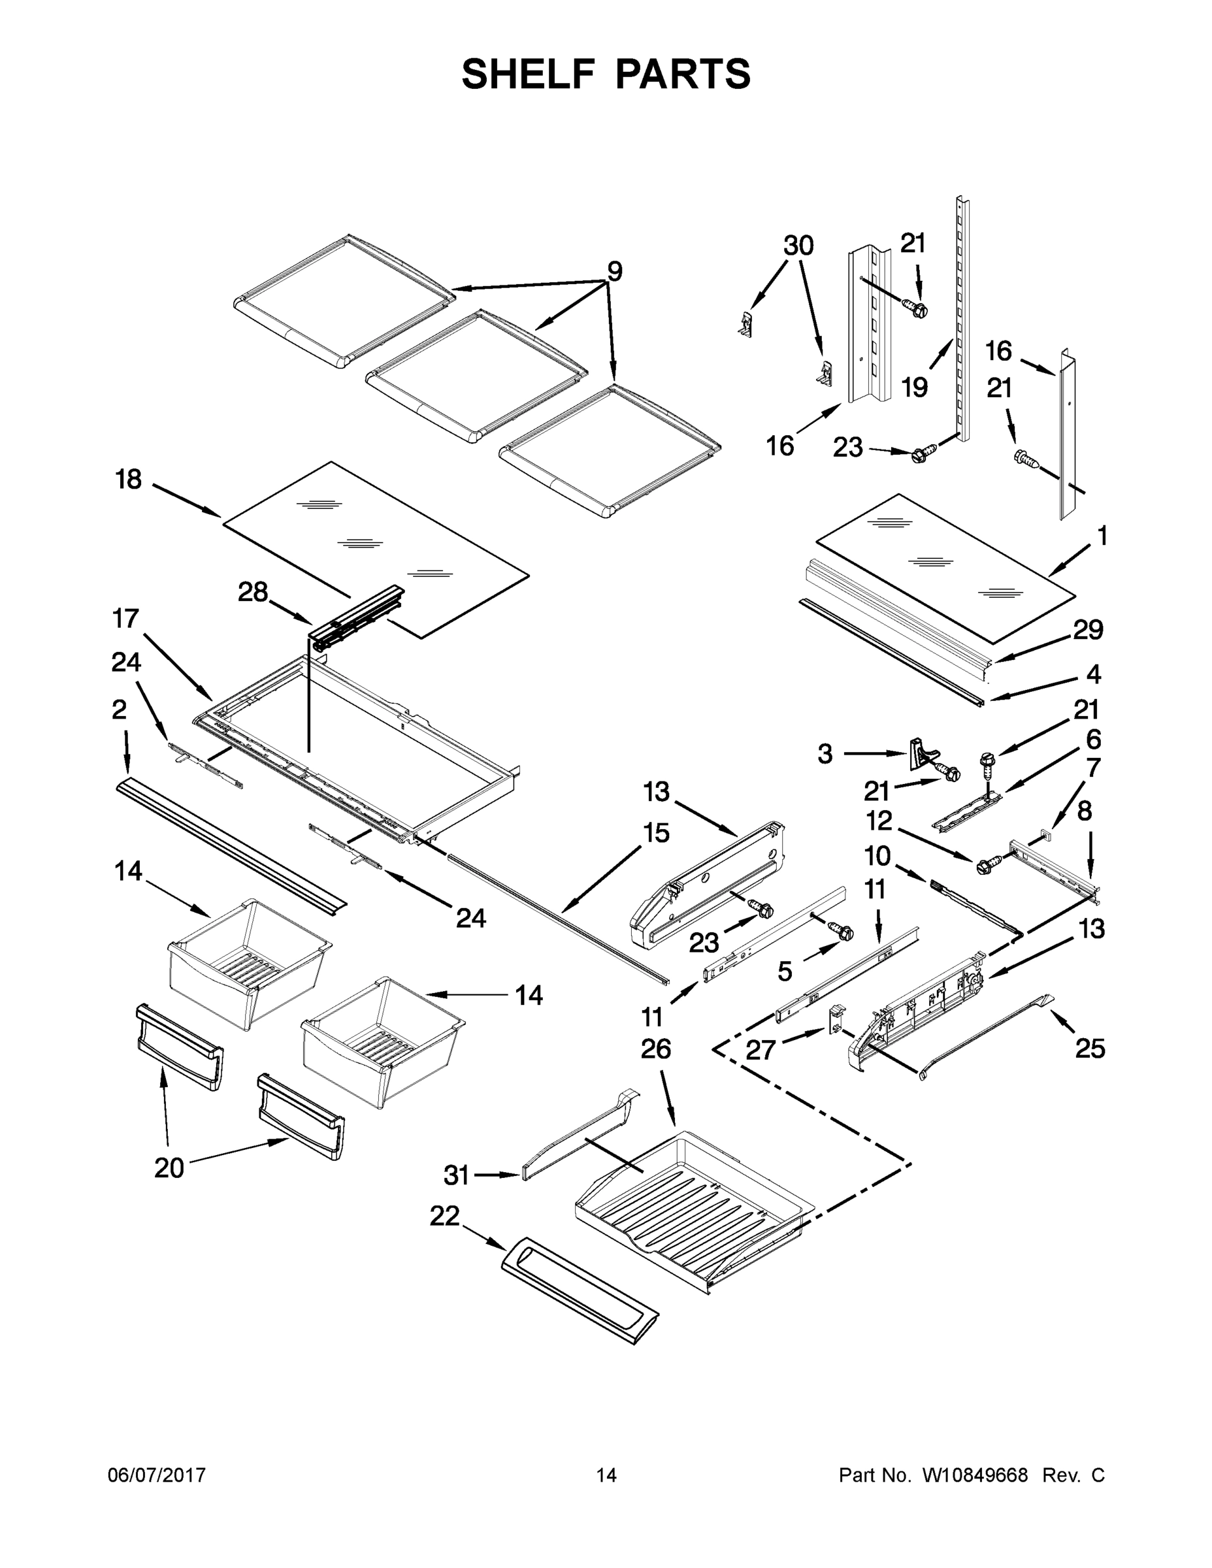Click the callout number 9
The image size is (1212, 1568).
coord(615,271)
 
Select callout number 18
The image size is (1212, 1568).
coord(129,480)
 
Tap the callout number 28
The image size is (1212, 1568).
coord(253,593)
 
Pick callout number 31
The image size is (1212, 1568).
coord(457,1175)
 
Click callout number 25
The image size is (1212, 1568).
coord(1090,1049)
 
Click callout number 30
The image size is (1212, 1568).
coord(798,246)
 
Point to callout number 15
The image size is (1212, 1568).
coord(656,833)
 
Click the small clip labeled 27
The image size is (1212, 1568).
coord(836,1019)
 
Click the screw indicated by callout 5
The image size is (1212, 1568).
coord(840,930)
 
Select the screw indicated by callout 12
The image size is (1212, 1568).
coord(985,866)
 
